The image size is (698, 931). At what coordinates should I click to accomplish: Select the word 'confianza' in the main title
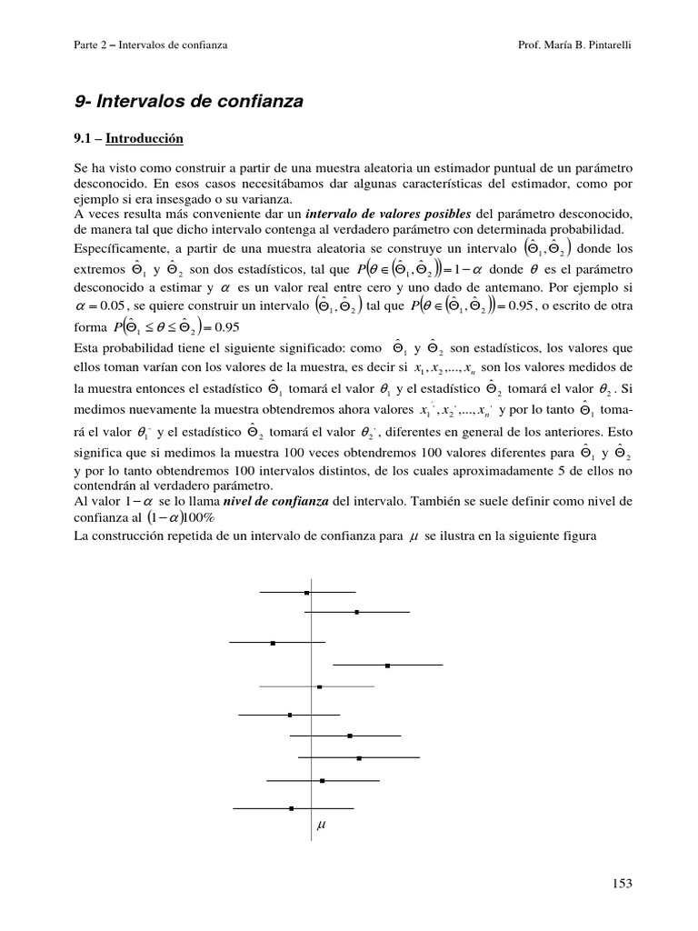coord(257,103)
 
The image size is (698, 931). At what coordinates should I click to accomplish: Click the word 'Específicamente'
coord(115,249)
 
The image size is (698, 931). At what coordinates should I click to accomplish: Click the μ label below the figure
coord(321,826)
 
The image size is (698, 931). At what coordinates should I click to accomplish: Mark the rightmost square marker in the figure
coord(388,666)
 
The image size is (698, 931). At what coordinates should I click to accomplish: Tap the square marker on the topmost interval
coord(307,592)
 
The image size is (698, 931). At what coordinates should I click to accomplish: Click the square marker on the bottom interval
coord(292,807)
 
